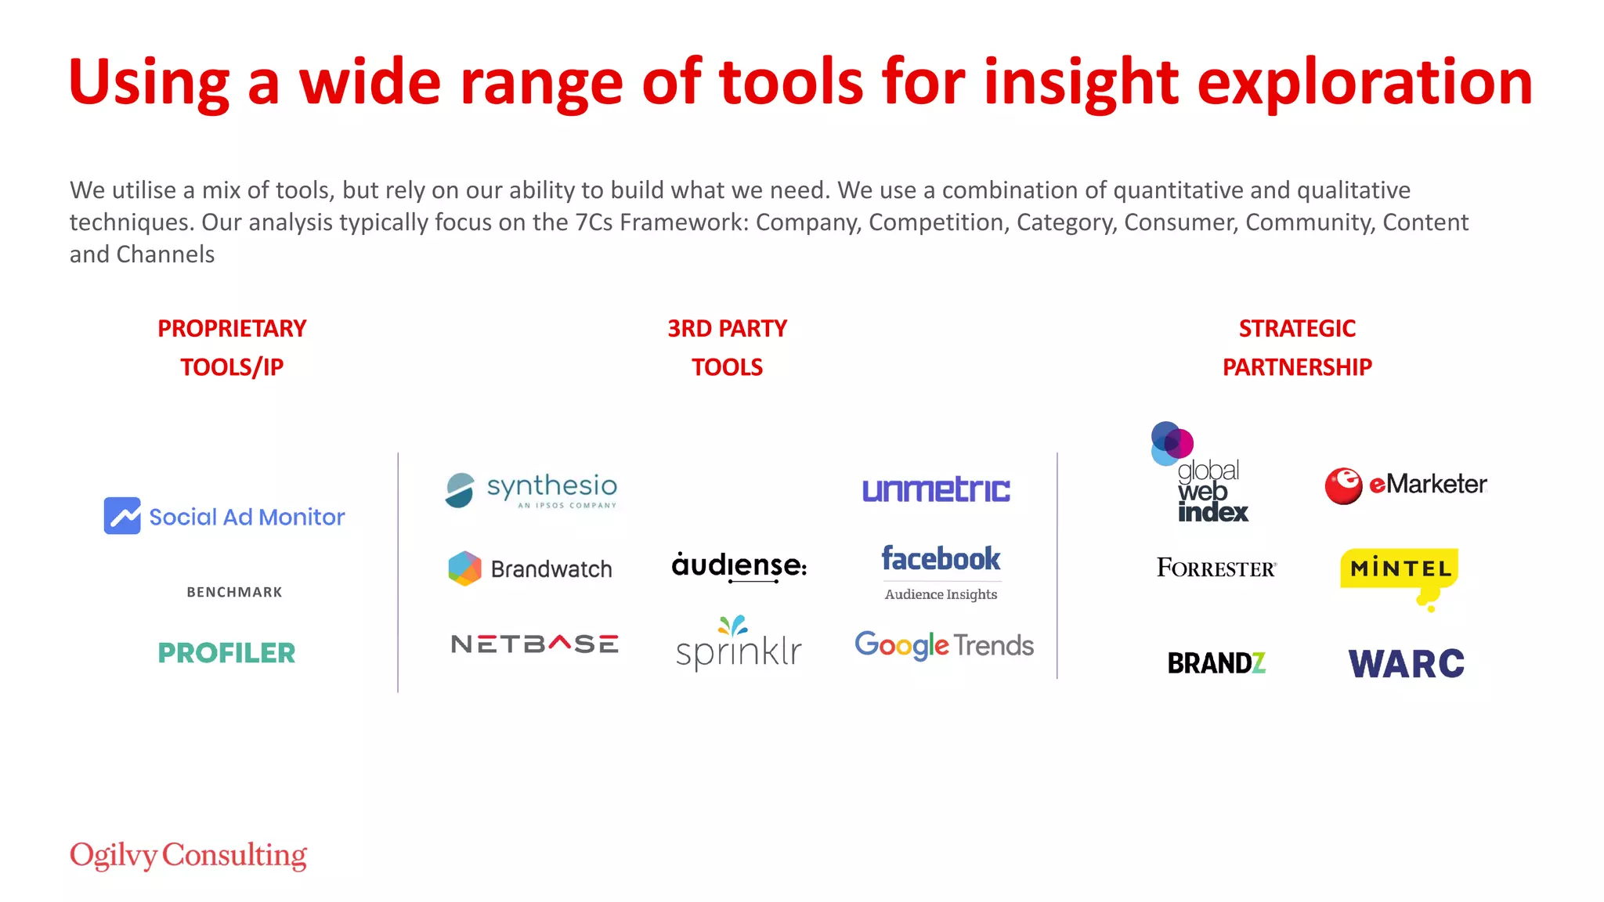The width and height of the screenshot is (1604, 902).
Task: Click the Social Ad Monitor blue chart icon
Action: point(122,516)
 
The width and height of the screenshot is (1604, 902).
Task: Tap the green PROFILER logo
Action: point(226,653)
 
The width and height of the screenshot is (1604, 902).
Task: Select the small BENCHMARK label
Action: point(234,593)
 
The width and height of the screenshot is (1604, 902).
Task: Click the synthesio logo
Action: point(532,490)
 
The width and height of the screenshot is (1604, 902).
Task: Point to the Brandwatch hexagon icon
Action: point(464,568)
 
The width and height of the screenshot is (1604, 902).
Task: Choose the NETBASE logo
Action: point(535,644)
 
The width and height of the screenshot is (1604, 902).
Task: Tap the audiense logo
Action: point(739,565)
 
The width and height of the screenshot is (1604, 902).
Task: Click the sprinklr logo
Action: point(739,645)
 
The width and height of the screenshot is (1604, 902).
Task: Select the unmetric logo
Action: point(936,490)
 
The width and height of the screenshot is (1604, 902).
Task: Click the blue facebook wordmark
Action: point(941,559)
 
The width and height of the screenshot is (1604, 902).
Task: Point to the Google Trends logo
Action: point(944,645)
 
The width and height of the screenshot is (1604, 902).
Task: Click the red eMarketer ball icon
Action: point(1343,485)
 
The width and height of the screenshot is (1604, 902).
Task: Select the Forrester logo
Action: point(1216,568)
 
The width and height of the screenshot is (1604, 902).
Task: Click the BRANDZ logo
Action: point(1216,663)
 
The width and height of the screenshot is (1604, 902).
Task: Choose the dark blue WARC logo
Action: point(1406,664)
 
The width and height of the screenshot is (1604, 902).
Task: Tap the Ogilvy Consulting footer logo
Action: point(188,856)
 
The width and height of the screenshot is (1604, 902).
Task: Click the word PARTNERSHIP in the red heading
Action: point(1297,367)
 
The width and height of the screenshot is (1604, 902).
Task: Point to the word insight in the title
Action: point(1081,82)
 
